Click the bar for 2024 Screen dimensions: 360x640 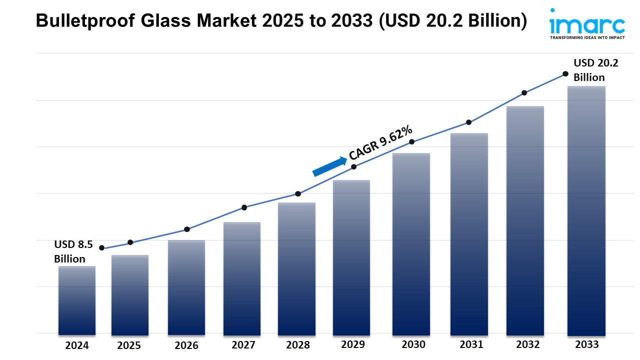(x=76, y=300)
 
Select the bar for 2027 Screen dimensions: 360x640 (x=242, y=278)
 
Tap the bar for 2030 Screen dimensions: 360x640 (x=411, y=244)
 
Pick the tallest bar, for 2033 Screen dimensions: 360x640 (x=586, y=210)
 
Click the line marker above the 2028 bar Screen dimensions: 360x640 (x=298, y=193)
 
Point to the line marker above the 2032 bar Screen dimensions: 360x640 (x=524, y=92)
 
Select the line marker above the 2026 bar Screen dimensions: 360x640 (x=187, y=229)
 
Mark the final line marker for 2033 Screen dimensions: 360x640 (x=565, y=73)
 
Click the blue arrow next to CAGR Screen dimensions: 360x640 (x=329, y=166)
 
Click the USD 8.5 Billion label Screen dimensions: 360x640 (x=73, y=251)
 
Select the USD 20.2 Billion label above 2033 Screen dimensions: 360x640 (x=589, y=70)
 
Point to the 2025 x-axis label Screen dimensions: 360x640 (x=129, y=345)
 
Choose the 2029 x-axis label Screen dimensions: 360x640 (x=353, y=344)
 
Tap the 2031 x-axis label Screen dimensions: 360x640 (x=471, y=344)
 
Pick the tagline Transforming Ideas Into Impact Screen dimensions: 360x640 (x=587, y=37)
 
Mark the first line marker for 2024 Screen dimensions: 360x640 (x=102, y=248)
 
